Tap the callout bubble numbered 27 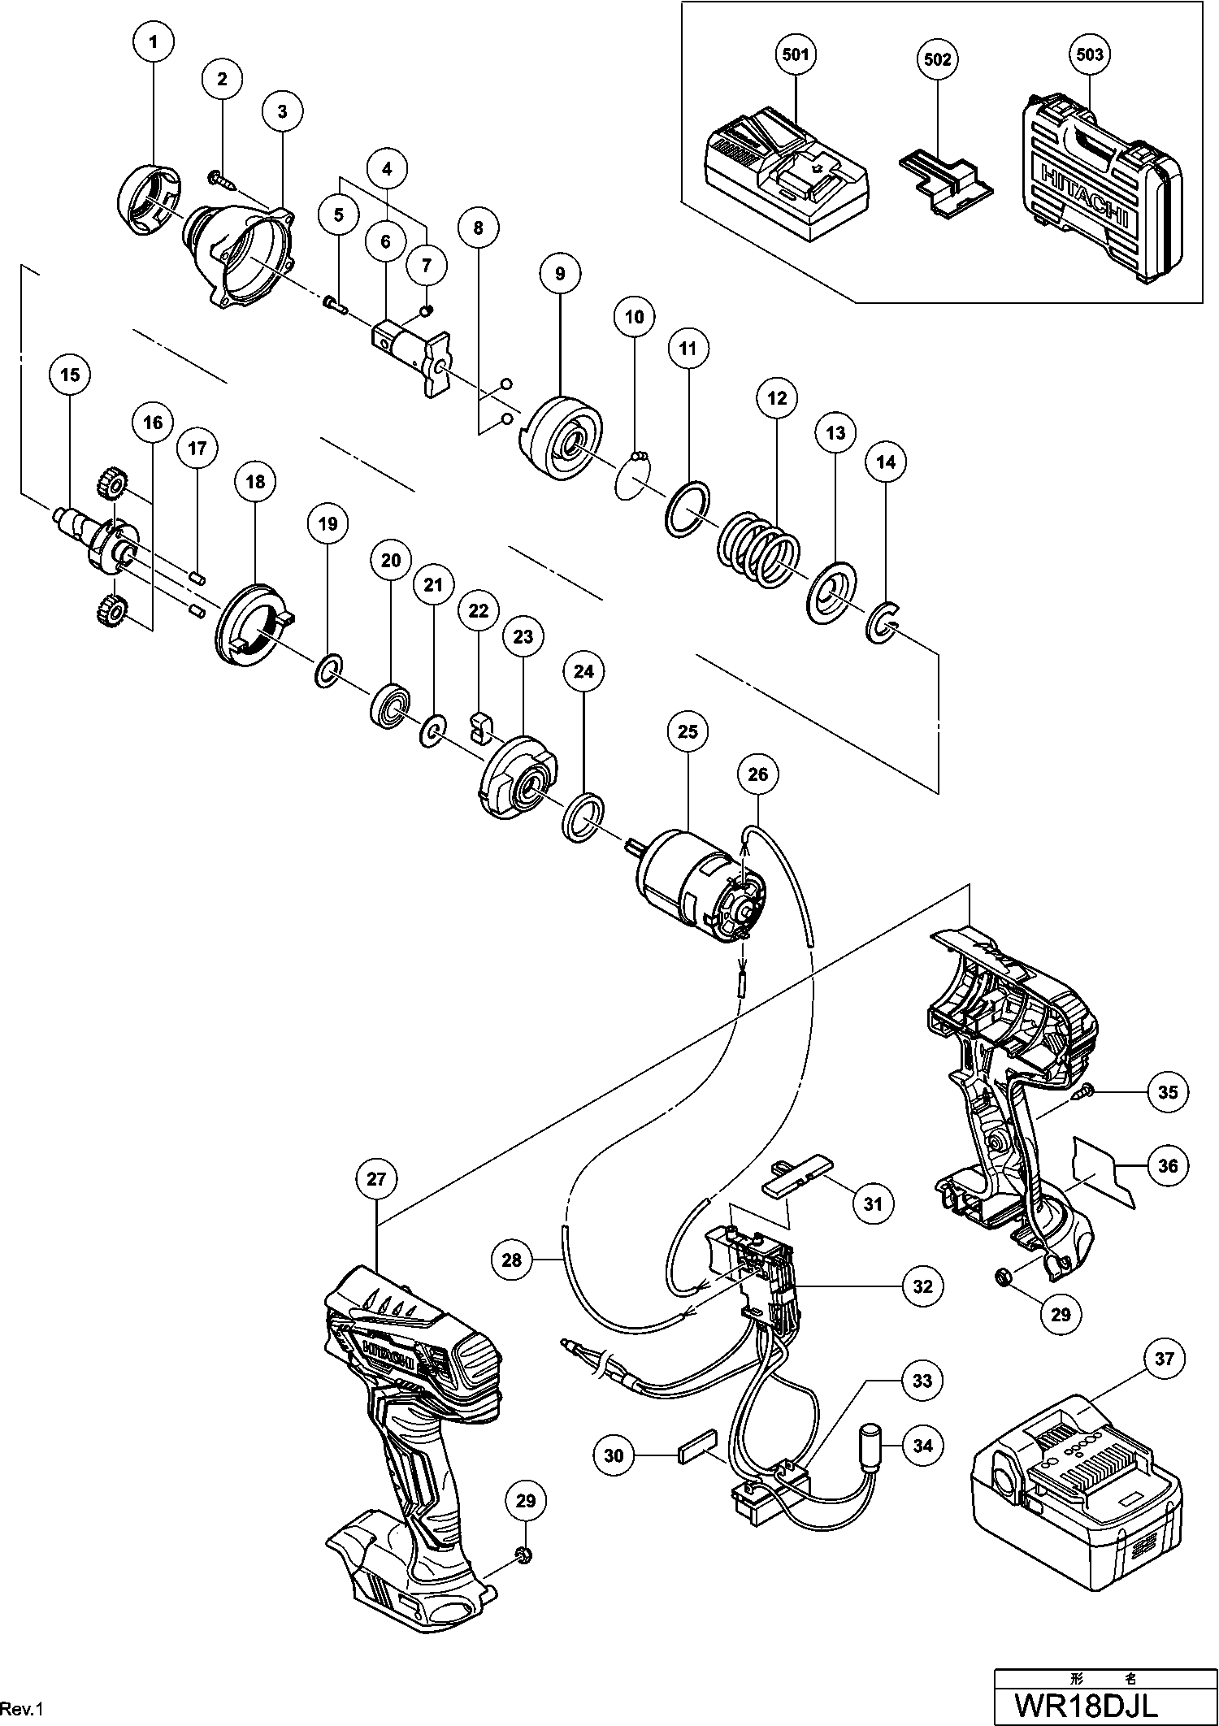(376, 1179)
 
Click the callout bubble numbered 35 (1168, 1092)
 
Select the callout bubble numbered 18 (255, 482)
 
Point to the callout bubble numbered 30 (614, 1455)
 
